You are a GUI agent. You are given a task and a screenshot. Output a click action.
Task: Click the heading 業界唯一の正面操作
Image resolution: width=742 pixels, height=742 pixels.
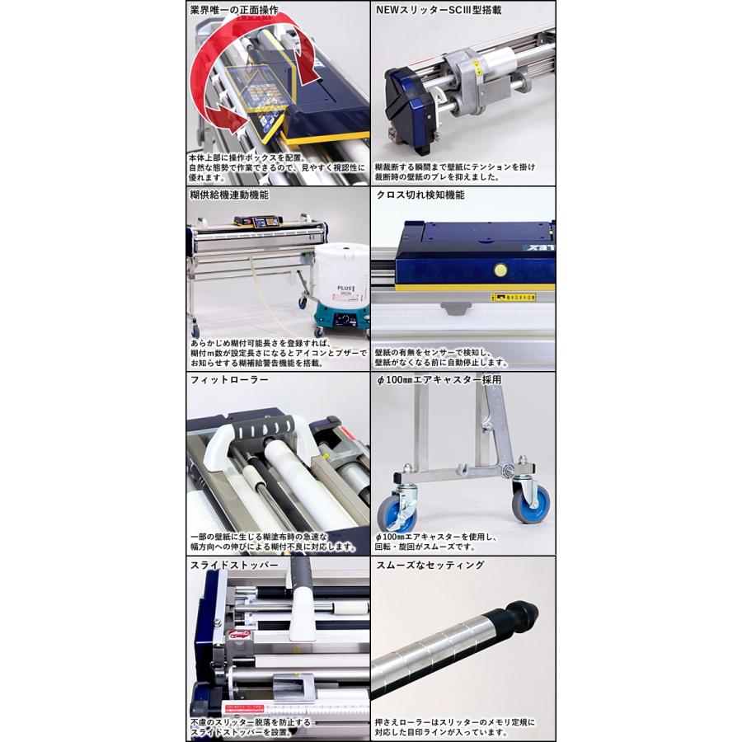coord(233,11)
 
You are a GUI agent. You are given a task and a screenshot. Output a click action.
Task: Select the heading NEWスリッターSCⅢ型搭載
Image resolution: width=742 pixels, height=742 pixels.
coord(439,11)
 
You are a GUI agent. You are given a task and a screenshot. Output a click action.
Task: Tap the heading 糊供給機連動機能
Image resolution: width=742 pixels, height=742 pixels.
coord(229,195)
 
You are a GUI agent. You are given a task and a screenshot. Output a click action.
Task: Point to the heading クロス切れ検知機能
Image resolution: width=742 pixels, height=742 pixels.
coord(420,195)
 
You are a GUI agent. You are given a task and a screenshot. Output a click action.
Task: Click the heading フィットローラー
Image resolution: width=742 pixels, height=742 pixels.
coord(223,380)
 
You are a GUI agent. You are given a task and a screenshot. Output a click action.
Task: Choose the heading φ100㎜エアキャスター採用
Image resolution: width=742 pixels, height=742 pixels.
coord(439,380)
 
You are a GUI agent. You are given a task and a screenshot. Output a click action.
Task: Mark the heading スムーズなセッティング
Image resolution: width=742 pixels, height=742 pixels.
coord(430,566)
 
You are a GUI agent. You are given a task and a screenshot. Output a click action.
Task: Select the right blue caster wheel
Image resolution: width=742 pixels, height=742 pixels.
coord(531,502)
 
